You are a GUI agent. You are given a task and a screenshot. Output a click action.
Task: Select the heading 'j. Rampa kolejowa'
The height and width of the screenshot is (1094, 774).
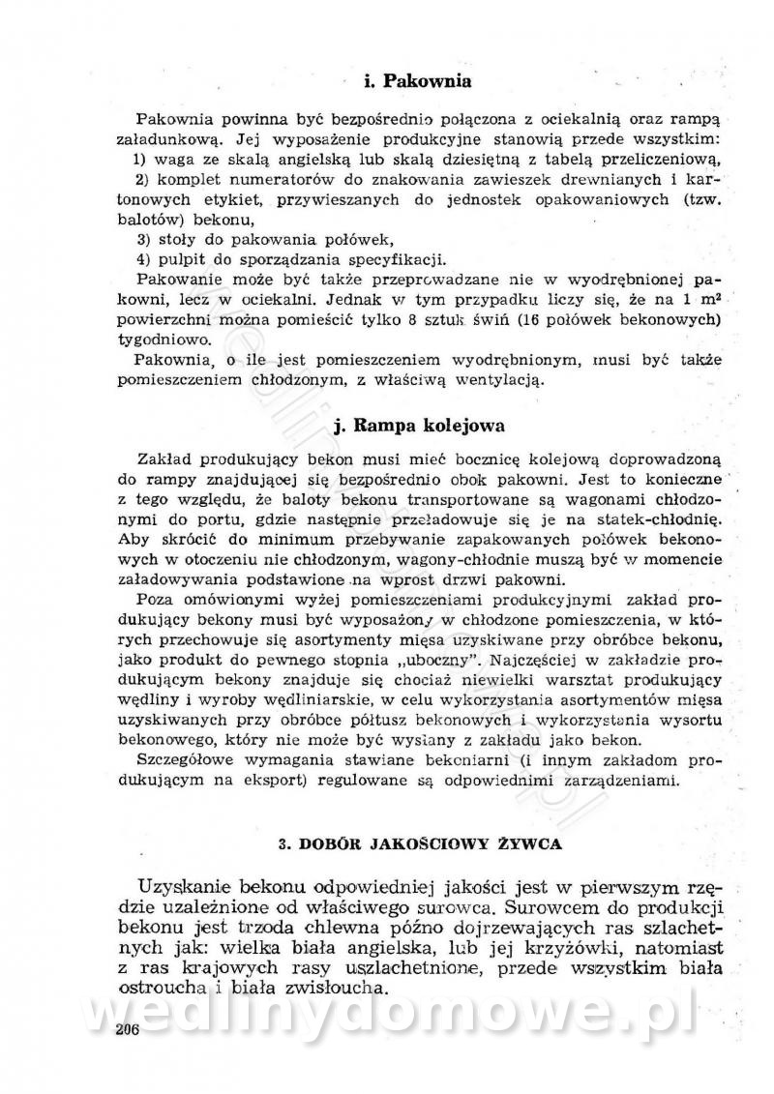pyautogui.click(x=417, y=425)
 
